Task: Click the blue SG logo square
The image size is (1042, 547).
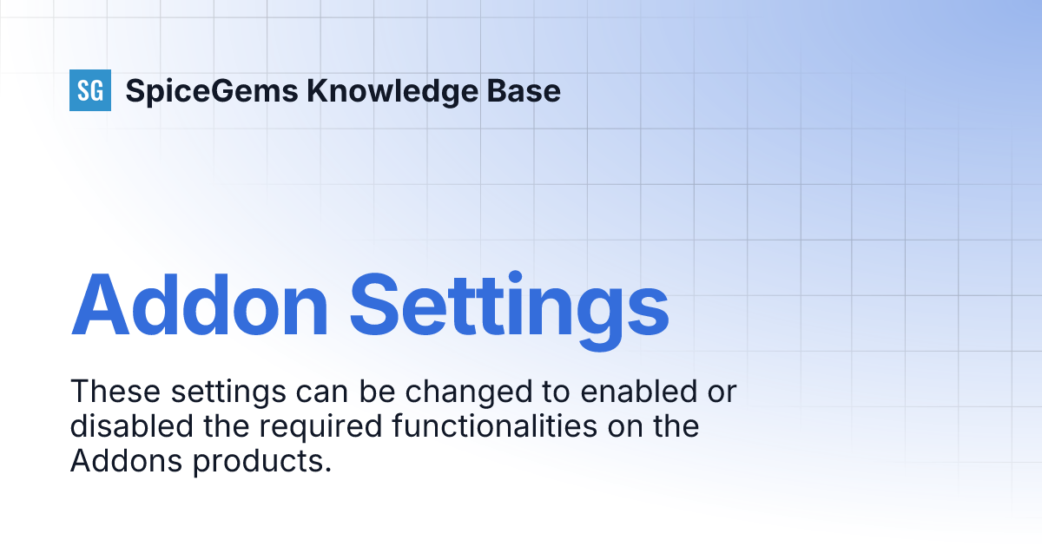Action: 90,90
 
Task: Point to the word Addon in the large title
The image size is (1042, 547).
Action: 200,305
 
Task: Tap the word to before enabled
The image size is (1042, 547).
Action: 551,392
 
